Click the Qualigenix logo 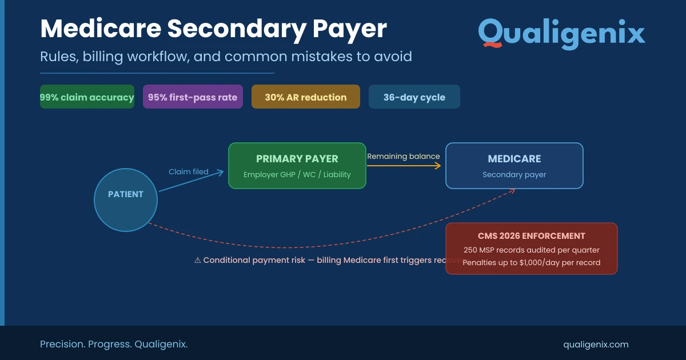point(561,33)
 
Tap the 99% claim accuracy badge point(87,97)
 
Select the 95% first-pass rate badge point(193,97)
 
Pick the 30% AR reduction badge point(306,97)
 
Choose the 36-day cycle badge point(414,97)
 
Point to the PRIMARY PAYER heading point(297,159)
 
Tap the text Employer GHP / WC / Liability point(297,174)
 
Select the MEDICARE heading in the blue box point(514,159)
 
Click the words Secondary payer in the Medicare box point(514,174)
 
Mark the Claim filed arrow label point(189,171)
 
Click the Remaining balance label point(404,156)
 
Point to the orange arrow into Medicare point(404,166)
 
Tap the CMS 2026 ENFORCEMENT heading point(532,236)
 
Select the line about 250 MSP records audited point(532,250)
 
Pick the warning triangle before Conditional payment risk point(198,260)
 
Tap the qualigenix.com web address point(596,344)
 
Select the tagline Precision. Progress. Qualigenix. point(114,344)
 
